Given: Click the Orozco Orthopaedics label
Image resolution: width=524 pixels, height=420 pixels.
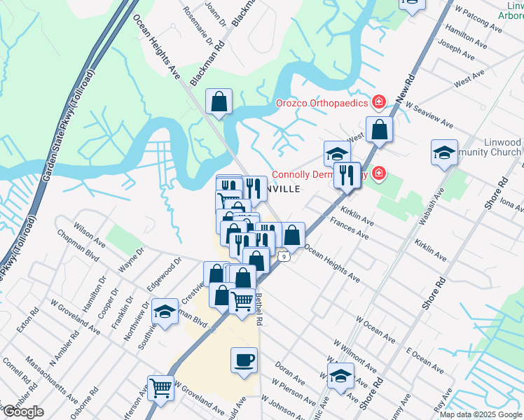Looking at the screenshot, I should click(x=322, y=103).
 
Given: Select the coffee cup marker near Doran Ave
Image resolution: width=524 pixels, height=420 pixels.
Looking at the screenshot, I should click(x=244, y=360).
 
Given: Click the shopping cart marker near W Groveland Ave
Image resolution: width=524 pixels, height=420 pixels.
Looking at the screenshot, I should click(x=160, y=386).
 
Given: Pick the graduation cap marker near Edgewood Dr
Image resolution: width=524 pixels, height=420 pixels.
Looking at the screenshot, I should click(x=165, y=311).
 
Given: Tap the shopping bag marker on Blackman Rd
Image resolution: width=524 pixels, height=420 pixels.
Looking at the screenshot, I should click(x=219, y=101).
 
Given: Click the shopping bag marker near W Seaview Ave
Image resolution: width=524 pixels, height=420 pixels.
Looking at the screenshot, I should click(x=379, y=130).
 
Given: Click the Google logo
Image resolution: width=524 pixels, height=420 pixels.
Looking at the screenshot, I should click(x=23, y=412).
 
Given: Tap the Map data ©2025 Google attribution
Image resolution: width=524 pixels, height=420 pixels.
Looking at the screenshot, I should click(x=481, y=414).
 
